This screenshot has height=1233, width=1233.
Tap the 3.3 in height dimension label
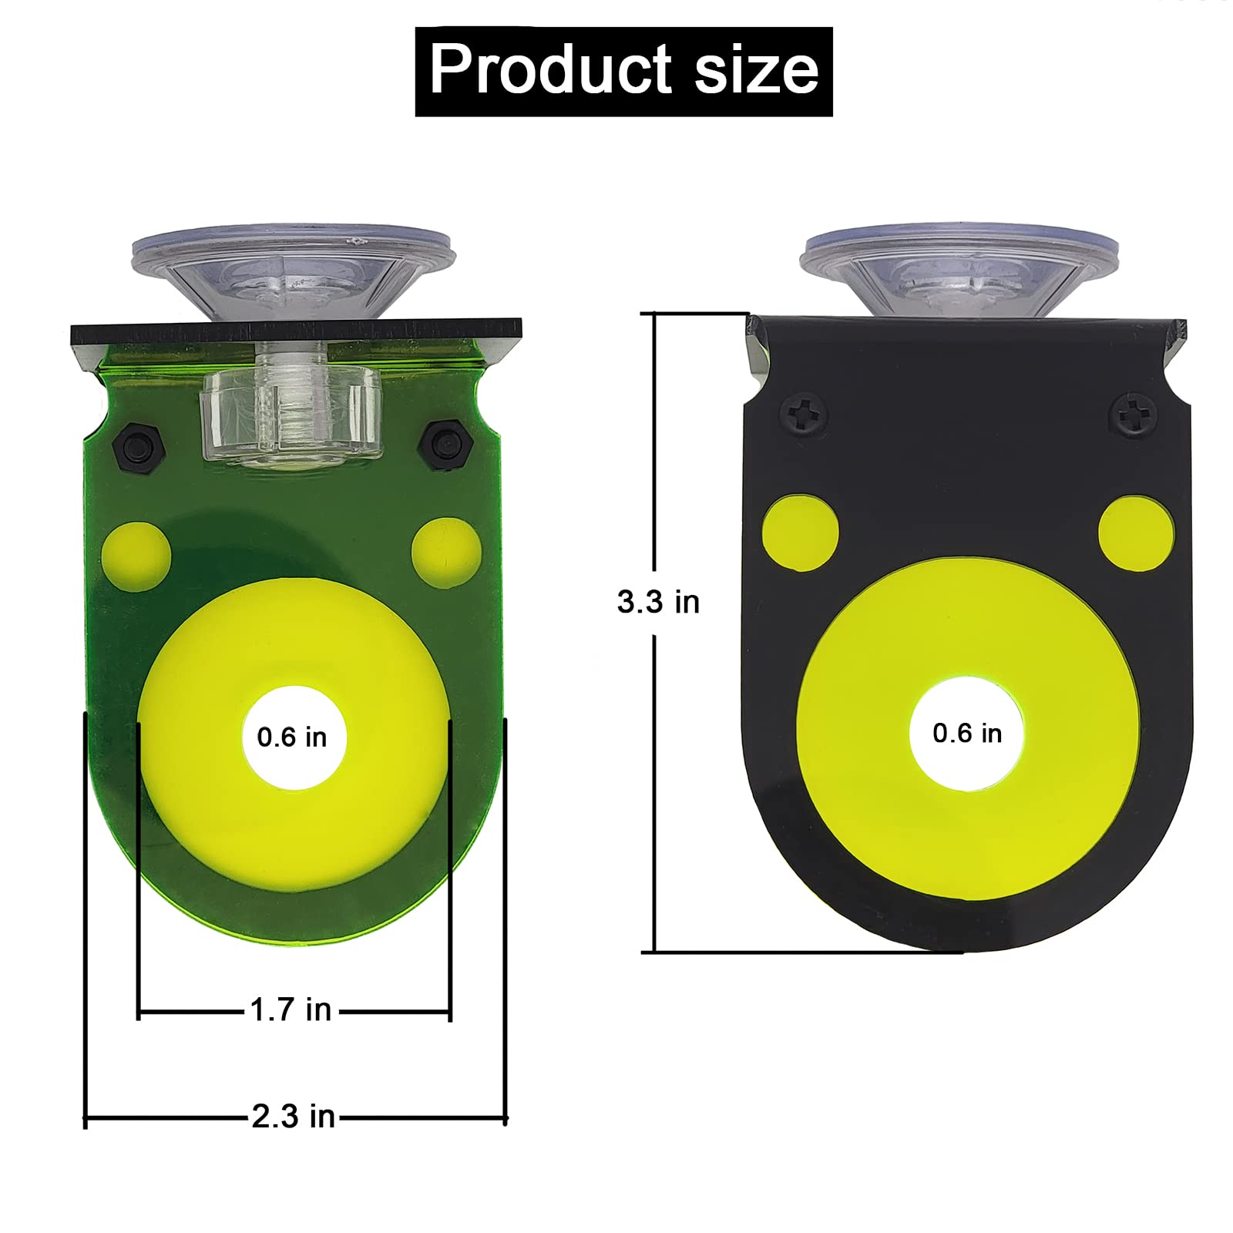pyautogui.click(x=658, y=602)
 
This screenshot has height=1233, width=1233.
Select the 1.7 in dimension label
pyautogui.click(x=291, y=1010)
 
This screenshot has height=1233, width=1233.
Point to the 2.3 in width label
pyautogui.click(x=293, y=1116)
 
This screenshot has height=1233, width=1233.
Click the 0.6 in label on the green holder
pyautogui.click(x=292, y=737)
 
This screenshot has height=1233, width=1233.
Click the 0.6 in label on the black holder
pyautogui.click(x=967, y=733)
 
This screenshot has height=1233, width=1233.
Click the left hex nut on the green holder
pyautogui.click(x=139, y=446)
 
